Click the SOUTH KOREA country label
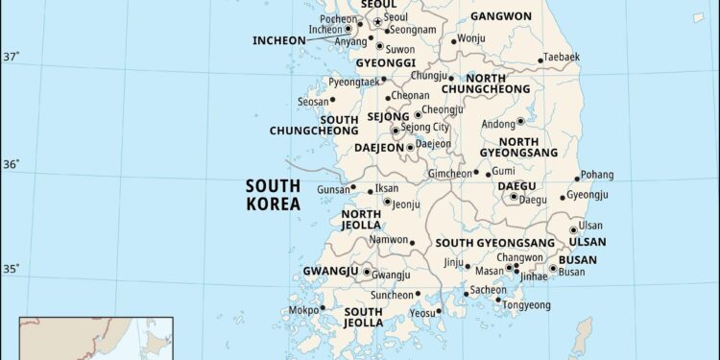[x=273, y=195]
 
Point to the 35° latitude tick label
[x=12, y=269]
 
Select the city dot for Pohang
[x=578, y=178]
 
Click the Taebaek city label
[x=562, y=57]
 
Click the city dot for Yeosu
[x=439, y=311]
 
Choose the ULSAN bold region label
[x=588, y=242]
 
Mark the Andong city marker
[x=520, y=122]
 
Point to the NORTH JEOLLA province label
[x=361, y=220]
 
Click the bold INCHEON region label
[x=278, y=40]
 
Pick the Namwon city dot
[x=412, y=243]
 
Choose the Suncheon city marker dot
[x=418, y=294]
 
